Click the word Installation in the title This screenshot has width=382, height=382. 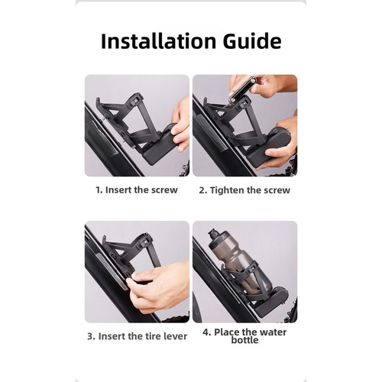[x=158, y=41]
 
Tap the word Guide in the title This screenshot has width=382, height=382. [x=252, y=41]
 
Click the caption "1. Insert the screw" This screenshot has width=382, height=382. [x=137, y=190]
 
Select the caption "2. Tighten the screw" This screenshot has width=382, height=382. [x=244, y=190]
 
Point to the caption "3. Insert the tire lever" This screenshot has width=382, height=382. [x=137, y=336]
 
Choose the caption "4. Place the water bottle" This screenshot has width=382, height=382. [x=244, y=336]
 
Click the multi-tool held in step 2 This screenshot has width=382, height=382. [x=242, y=90]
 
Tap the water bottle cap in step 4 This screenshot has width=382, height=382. [x=213, y=235]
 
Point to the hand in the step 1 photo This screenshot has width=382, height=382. [x=181, y=125]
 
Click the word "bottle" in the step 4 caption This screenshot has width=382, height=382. [x=244, y=340]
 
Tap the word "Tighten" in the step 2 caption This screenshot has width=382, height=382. [x=227, y=190]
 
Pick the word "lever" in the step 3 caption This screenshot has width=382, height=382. [x=175, y=336]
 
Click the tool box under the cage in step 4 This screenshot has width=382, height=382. [x=271, y=302]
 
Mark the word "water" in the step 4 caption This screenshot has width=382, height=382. [x=273, y=332]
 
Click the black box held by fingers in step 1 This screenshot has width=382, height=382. [x=159, y=143]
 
